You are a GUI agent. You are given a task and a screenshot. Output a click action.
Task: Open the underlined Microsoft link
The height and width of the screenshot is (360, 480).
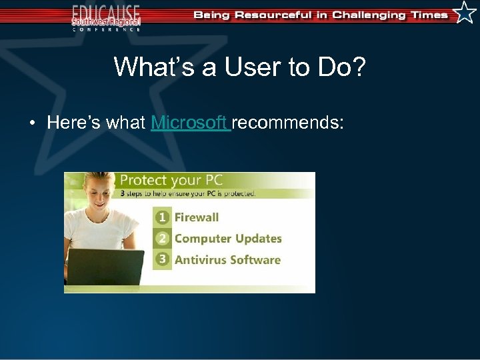tap(190, 123)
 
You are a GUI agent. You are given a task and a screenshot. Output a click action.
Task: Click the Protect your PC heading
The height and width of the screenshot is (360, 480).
tap(171, 180)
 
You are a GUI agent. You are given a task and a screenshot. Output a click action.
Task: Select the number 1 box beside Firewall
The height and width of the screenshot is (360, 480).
tap(161, 217)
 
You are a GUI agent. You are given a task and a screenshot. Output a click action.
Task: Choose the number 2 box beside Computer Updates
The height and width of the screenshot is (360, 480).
tap(161, 239)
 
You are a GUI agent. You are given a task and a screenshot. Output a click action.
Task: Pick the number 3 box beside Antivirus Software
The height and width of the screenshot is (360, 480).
tap(161, 260)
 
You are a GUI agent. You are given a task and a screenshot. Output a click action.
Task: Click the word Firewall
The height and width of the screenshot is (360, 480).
tap(197, 217)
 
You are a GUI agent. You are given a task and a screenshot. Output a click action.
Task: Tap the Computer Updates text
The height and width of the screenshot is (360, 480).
tap(228, 239)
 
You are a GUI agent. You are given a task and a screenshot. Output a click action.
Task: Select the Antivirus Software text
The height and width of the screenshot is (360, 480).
tap(227, 260)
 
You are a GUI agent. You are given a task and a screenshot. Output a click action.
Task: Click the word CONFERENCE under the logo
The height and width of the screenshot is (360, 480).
tap(107, 29)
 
